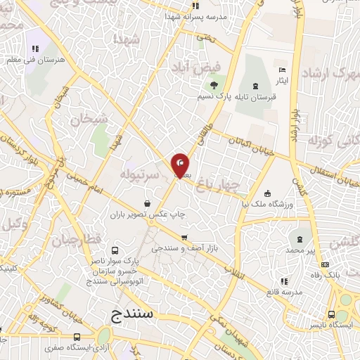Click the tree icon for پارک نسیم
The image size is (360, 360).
pyautogui.click(x=204, y=84)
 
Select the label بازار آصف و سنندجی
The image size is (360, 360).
pyautogui.click(x=178, y=249)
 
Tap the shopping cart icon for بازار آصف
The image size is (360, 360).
pyautogui.click(x=184, y=238)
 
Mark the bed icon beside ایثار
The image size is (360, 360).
pyautogui.click(x=283, y=70)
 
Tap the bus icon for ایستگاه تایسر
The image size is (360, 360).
pyautogui.click(x=331, y=314)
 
